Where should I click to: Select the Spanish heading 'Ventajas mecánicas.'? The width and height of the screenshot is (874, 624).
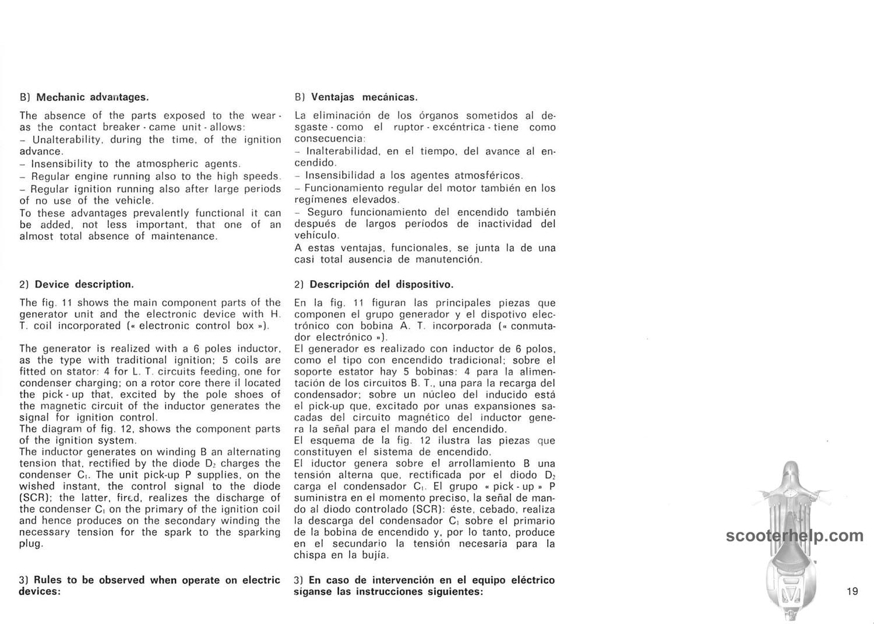(x=364, y=97)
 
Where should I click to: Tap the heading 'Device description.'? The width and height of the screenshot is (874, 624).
(x=84, y=284)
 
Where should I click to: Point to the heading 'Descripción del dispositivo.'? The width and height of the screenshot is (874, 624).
(x=381, y=284)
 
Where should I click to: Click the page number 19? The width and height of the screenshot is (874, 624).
(x=852, y=591)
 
